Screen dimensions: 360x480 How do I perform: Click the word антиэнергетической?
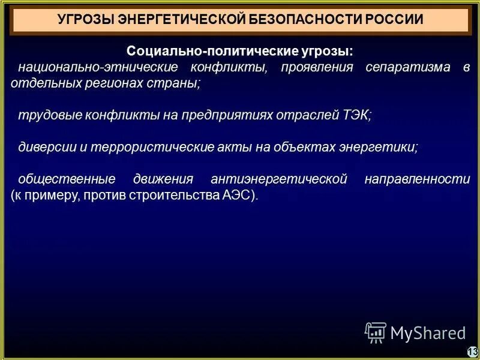click(x=279, y=179)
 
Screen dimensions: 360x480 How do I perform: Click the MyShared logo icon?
click(x=376, y=332)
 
